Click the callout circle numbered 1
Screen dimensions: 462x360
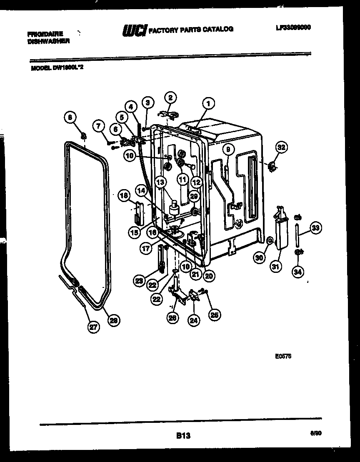[208, 104]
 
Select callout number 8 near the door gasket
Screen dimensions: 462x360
[71, 118]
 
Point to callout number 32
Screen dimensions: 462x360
[282, 147]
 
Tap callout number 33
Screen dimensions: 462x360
[316, 228]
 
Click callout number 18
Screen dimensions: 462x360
[124, 195]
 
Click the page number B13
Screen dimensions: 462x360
[183, 436]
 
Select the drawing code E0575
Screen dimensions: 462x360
[283, 357]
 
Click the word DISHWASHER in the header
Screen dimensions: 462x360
[49, 42]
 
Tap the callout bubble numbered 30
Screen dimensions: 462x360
[260, 257]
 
